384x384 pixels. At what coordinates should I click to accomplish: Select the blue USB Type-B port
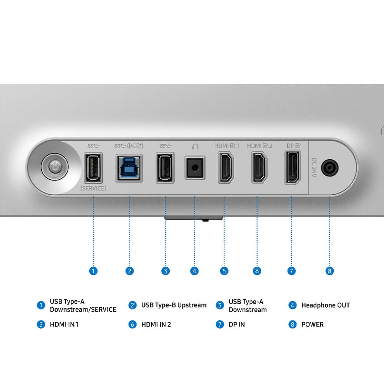(129, 168)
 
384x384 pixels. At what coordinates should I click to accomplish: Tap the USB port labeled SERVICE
(93, 168)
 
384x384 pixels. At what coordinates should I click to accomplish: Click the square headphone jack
(195, 168)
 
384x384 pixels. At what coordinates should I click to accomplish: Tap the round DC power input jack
(329, 168)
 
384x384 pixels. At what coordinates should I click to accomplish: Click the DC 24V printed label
(314, 167)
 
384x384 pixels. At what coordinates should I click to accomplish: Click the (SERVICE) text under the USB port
(93, 188)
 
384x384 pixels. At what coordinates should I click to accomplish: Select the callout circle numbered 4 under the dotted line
(195, 271)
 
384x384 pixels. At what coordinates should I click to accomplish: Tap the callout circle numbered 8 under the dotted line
(329, 271)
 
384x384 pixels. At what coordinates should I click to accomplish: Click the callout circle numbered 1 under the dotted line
(93, 271)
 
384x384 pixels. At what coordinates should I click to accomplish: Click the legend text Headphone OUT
(325, 305)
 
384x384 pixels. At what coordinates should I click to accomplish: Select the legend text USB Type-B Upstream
(174, 305)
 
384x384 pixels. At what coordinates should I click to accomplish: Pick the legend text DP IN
(237, 324)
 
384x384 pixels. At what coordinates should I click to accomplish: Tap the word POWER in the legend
(312, 324)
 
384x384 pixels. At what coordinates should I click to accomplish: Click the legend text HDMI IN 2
(156, 324)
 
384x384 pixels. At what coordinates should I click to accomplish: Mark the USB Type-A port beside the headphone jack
(165, 168)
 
